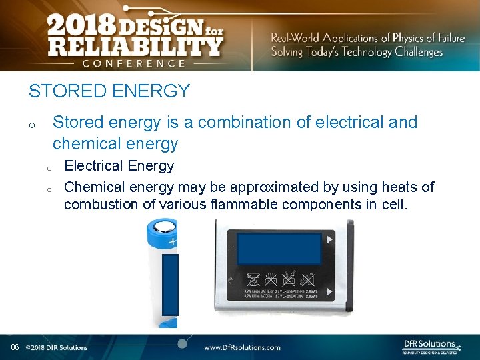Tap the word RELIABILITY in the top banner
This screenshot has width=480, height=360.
pyautogui.click(x=135, y=47)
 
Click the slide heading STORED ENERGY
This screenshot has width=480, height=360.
pyautogui.click(x=109, y=91)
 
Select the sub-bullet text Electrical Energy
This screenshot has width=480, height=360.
pyautogui.click(x=119, y=166)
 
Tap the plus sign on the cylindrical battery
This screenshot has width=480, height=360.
pyautogui.click(x=173, y=241)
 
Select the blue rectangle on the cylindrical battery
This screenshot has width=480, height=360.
pyautogui.click(x=170, y=284)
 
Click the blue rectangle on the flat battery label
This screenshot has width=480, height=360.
pyautogui.click(x=279, y=249)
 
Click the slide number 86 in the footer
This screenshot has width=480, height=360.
pyautogui.click(x=15, y=347)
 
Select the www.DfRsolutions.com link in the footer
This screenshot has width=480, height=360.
pyautogui.click(x=242, y=347)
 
